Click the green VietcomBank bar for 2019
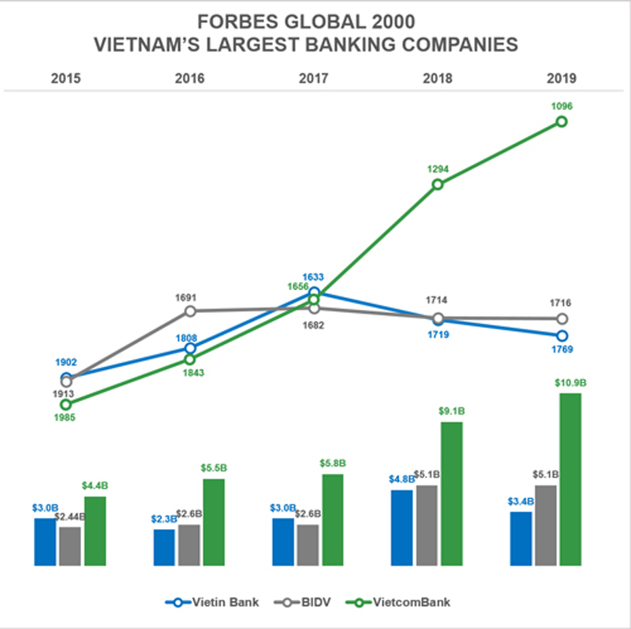[569, 479]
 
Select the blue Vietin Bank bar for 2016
[164, 547]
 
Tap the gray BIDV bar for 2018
[427, 525]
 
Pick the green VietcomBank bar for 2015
[95, 530]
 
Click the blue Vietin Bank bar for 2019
[521, 538]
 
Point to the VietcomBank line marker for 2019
[562, 121]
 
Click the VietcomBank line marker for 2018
[438, 184]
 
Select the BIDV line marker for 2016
[190, 311]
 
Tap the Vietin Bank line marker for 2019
[562, 336]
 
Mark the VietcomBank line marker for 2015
[66, 404]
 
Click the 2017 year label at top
[313, 78]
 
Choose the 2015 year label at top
[66, 78]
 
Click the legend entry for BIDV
[308, 603]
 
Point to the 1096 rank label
[562, 106]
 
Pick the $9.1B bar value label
[451, 411]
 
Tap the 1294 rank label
[438, 169]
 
